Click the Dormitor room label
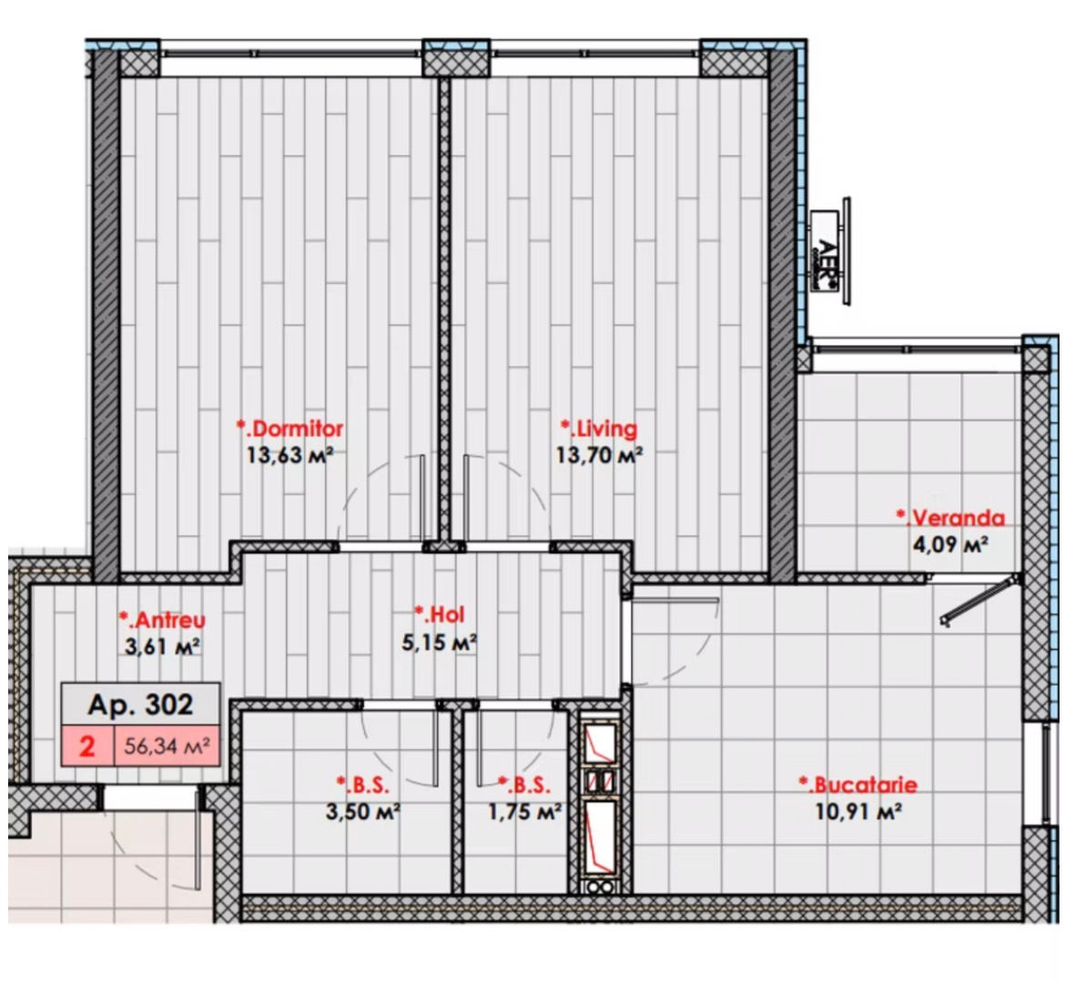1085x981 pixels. click(x=290, y=429)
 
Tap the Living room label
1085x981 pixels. click(x=599, y=429)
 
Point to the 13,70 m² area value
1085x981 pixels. click(x=599, y=455)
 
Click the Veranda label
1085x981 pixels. click(x=950, y=518)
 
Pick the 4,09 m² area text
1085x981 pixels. click(x=950, y=544)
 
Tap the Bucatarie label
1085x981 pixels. click(x=858, y=784)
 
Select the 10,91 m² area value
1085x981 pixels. click(x=858, y=811)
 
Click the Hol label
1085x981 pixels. click(x=440, y=614)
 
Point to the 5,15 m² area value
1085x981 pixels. click(x=440, y=642)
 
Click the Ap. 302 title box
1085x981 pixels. click(x=141, y=704)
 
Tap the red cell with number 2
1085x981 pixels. click(x=88, y=746)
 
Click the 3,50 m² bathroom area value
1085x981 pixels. click(x=363, y=811)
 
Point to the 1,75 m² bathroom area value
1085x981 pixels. click(x=524, y=811)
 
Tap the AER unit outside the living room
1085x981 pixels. click(x=829, y=251)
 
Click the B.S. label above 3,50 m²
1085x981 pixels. click(x=363, y=784)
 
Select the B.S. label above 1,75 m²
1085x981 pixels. click(x=524, y=784)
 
